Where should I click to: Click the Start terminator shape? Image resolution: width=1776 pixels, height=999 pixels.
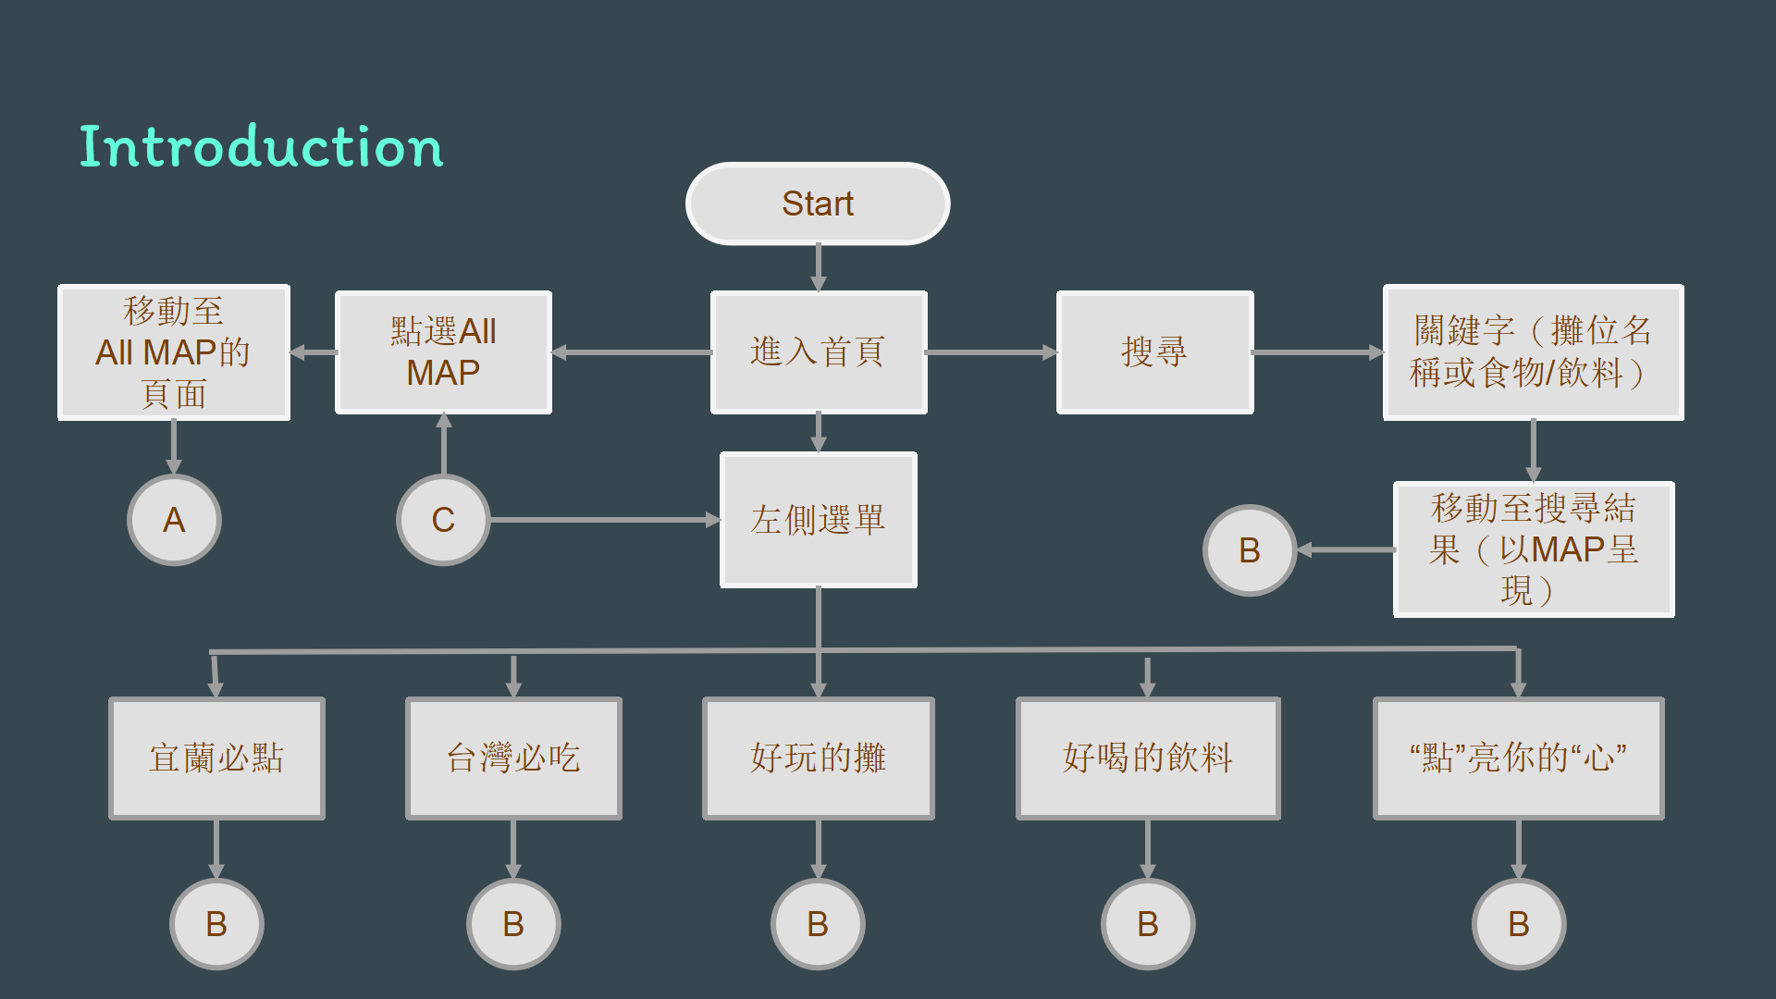pyautogui.click(x=818, y=203)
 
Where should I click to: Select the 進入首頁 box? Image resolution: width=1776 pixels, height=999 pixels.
pyautogui.click(x=819, y=352)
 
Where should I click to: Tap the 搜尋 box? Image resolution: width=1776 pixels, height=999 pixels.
pyautogui.click(x=1155, y=352)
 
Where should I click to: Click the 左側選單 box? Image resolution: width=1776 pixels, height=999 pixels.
pyautogui.click(x=819, y=520)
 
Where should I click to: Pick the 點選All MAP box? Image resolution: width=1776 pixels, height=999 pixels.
pyautogui.click(x=443, y=352)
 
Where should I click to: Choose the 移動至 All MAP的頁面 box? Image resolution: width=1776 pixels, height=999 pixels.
pyautogui.click(x=174, y=352)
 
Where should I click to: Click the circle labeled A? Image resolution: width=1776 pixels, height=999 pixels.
pyautogui.click(x=174, y=520)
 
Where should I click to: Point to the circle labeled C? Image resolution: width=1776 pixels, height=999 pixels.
pyautogui.click(x=443, y=520)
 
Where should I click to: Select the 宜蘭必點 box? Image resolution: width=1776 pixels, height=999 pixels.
pyautogui.click(x=216, y=758)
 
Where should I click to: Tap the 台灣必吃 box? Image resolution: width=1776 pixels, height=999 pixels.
pyautogui.click(x=513, y=758)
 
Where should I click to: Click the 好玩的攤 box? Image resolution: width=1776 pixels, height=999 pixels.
pyautogui.click(x=819, y=758)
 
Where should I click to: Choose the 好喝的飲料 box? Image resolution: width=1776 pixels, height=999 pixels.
pyautogui.click(x=1148, y=758)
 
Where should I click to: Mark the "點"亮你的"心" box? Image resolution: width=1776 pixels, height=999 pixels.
pyautogui.click(x=1519, y=758)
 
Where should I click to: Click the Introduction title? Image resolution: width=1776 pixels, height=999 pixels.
pyautogui.click(x=262, y=147)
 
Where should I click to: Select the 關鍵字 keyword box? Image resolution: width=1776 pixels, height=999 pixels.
pyautogui.click(x=1534, y=352)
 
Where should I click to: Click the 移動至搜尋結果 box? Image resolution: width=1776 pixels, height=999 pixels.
pyautogui.click(x=1534, y=549)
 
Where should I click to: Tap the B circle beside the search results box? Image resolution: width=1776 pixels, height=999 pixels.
pyautogui.click(x=1250, y=550)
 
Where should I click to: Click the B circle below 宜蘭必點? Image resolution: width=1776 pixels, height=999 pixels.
pyautogui.click(x=216, y=924)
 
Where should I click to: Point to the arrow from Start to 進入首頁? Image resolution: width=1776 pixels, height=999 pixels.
pyautogui.click(x=819, y=268)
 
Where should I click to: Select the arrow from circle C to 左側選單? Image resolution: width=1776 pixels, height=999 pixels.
pyautogui.click(x=605, y=520)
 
